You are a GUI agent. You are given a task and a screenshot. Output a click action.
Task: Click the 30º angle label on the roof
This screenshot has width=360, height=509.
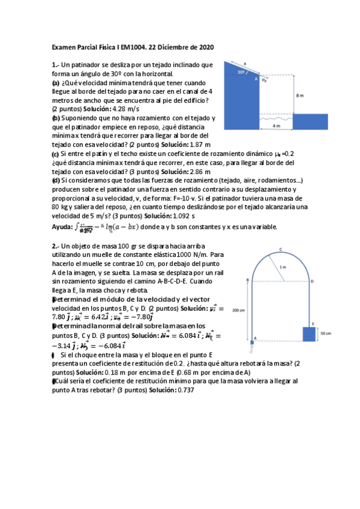click(x=241, y=71)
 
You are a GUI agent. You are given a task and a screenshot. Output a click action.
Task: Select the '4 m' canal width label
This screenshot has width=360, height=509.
click(x=276, y=126)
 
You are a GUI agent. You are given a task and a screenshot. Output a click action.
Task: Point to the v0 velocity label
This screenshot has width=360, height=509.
click(x=265, y=79)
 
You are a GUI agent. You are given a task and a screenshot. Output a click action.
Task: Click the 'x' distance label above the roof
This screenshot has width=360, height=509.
click(x=245, y=61)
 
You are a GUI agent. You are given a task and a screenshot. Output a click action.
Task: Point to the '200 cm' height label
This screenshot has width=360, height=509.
click(x=238, y=310)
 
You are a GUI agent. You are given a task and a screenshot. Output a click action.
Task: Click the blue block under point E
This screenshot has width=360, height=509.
click(x=308, y=334)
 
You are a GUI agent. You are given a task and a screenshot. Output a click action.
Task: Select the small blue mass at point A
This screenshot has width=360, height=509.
click(x=252, y=342)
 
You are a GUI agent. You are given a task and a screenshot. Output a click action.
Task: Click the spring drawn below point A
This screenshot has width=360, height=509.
click(x=252, y=349)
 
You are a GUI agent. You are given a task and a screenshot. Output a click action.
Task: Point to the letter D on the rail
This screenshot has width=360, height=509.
click(x=311, y=281)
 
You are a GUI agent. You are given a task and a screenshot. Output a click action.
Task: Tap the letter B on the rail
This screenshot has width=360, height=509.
click(x=247, y=280)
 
